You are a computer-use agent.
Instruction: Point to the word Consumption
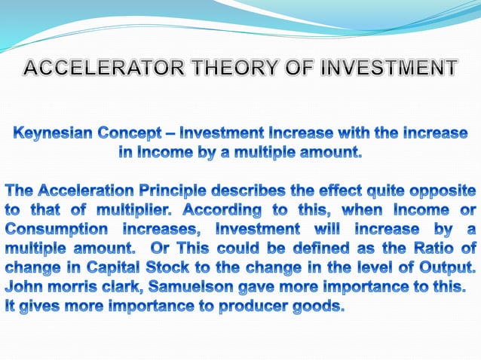point(52,228)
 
